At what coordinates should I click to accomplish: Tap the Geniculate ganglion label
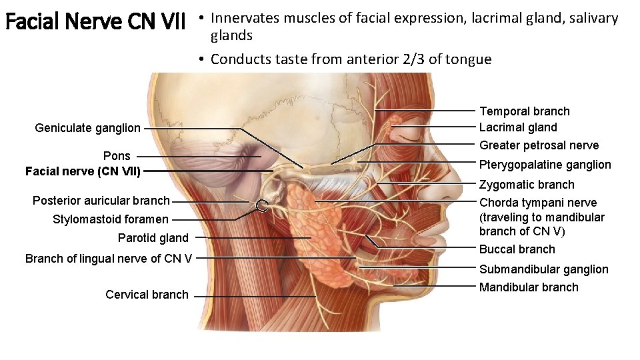pos(87,128)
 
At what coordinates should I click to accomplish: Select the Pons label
pos(117,156)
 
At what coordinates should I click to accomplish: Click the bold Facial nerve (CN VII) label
pos(83,171)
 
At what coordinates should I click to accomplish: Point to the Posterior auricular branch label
pos(101,201)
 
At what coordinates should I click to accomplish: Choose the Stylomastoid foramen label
pos(111,219)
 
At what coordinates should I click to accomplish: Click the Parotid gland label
pos(153,238)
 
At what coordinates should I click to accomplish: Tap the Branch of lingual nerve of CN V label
pos(109,258)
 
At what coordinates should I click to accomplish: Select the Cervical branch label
pos(147,295)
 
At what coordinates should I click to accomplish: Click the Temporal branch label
pos(525,111)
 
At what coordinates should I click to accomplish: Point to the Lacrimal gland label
pos(518,127)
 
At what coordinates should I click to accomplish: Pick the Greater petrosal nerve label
pos(539,145)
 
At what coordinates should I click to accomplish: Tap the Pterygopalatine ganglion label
pos(545,165)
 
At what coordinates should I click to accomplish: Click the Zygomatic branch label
pos(527,185)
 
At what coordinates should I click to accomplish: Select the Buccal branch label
pos(517,249)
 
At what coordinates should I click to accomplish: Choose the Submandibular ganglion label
pos(543,269)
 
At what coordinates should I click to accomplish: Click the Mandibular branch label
pos(529,287)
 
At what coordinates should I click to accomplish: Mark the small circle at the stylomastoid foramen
pos(262,205)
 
